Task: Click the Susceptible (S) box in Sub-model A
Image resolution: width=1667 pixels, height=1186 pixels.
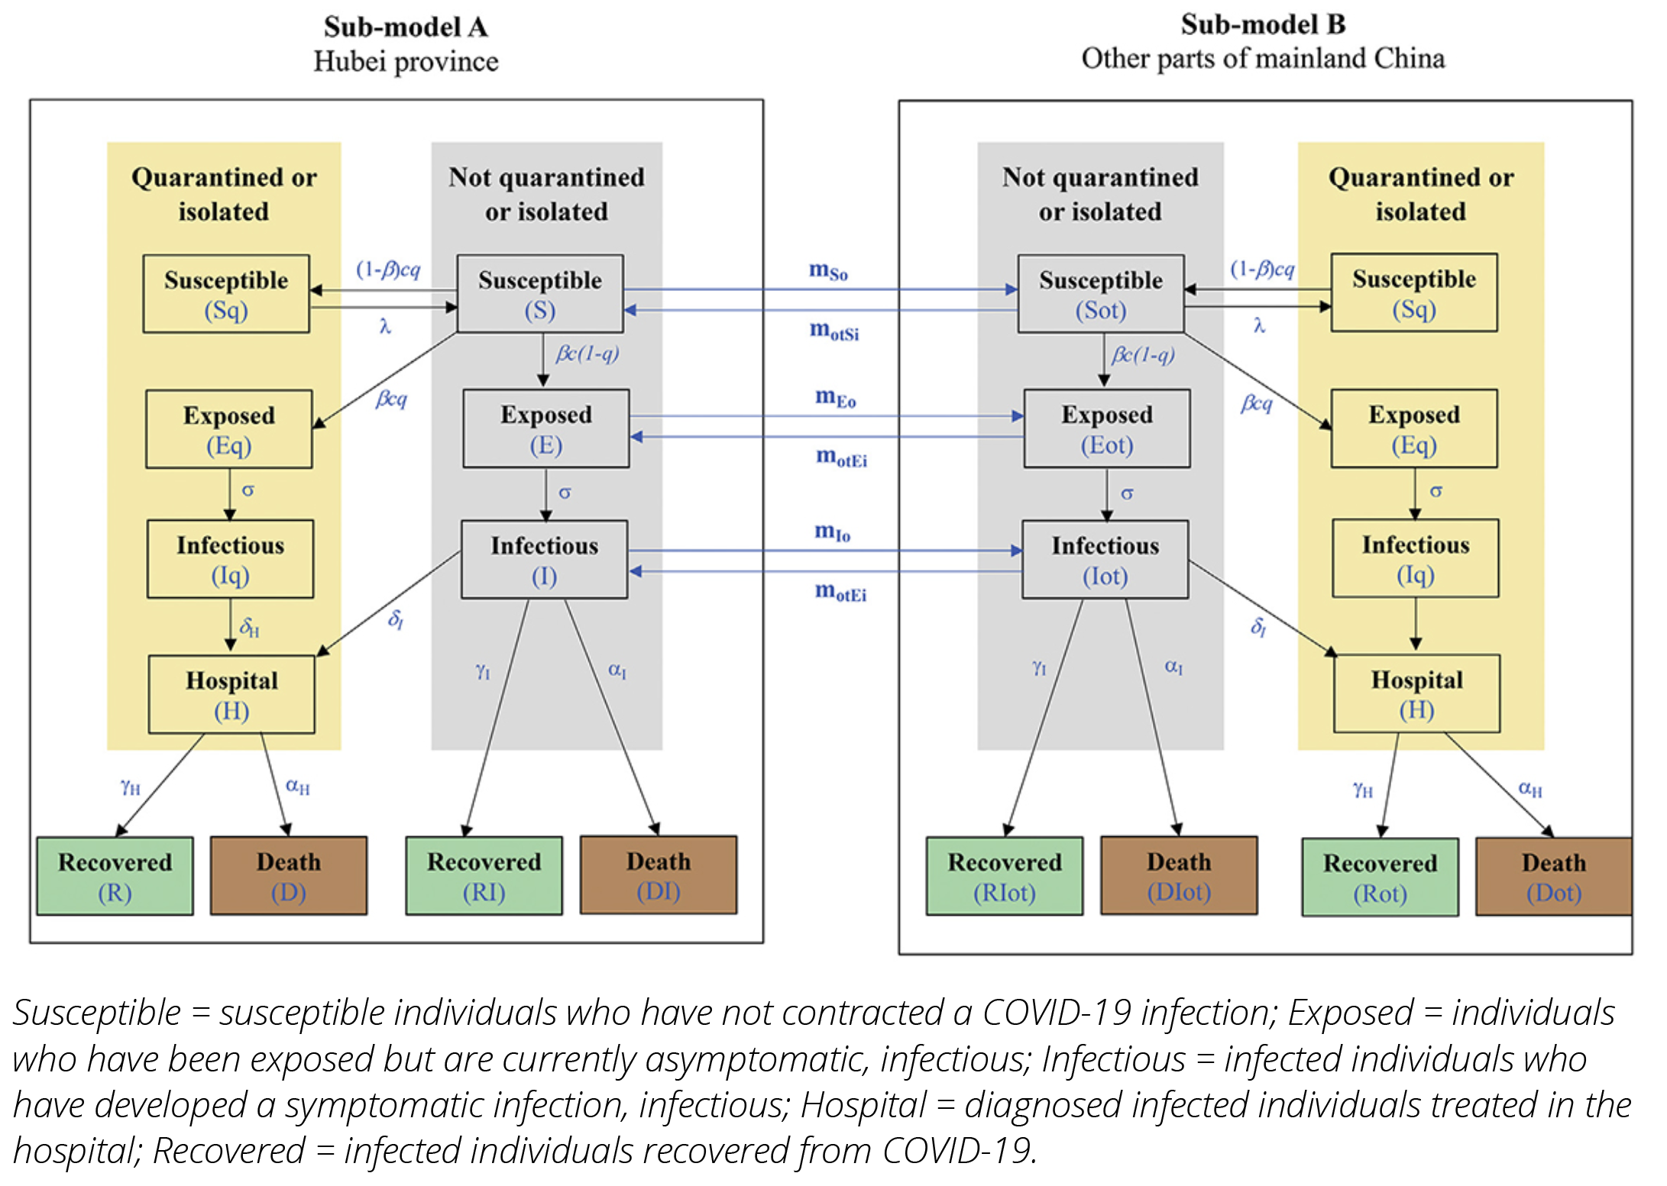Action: pyautogui.click(x=539, y=294)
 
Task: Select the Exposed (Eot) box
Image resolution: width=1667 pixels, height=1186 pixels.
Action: pyautogui.click(x=1106, y=429)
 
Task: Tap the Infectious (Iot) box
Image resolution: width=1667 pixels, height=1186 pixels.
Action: pyautogui.click(x=1105, y=560)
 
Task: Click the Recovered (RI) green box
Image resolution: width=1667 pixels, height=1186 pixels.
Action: pyautogui.click(x=484, y=876)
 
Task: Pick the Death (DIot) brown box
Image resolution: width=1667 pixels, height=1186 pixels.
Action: pyautogui.click(x=1178, y=876)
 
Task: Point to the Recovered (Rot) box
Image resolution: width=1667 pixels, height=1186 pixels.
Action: pyautogui.click(x=1380, y=877)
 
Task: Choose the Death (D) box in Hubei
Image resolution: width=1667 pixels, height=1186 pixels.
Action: pyautogui.click(x=288, y=876)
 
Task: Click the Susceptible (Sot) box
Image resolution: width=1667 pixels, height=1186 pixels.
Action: pyautogui.click(x=1100, y=294)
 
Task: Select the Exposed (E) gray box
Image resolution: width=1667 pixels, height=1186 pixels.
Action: pyautogui.click(x=545, y=429)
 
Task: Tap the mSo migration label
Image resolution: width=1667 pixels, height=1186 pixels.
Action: pyautogui.click(x=828, y=270)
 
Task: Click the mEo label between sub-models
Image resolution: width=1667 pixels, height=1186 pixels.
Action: pyautogui.click(x=835, y=397)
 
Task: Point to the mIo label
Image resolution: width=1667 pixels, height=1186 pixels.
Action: pyautogui.click(x=832, y=532)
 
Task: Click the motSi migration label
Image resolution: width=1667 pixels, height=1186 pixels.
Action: pyautogui.click(x=834, y=331)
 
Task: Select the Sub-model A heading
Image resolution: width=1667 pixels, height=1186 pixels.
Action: pyautogui.click(x=406, y=27)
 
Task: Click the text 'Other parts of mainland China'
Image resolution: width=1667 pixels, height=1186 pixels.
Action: pyautogui.click(x=1263, y=59)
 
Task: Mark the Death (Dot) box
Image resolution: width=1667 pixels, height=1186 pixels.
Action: pyautogui.click(x=1553, y=877)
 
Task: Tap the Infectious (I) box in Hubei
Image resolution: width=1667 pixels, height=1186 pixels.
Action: pyautogui.click(x=544, y=560)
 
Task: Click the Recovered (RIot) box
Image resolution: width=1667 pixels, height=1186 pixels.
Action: pyautogui.click(x=1004, y=877)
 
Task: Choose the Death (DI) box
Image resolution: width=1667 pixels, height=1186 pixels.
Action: pyautogui.click(x=658, y=875)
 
